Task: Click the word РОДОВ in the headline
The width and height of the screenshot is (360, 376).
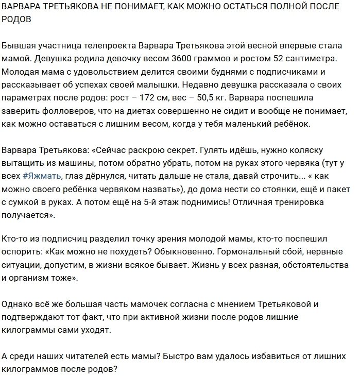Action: tap(18, 24)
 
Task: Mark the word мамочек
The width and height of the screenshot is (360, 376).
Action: tap(180, 305)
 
